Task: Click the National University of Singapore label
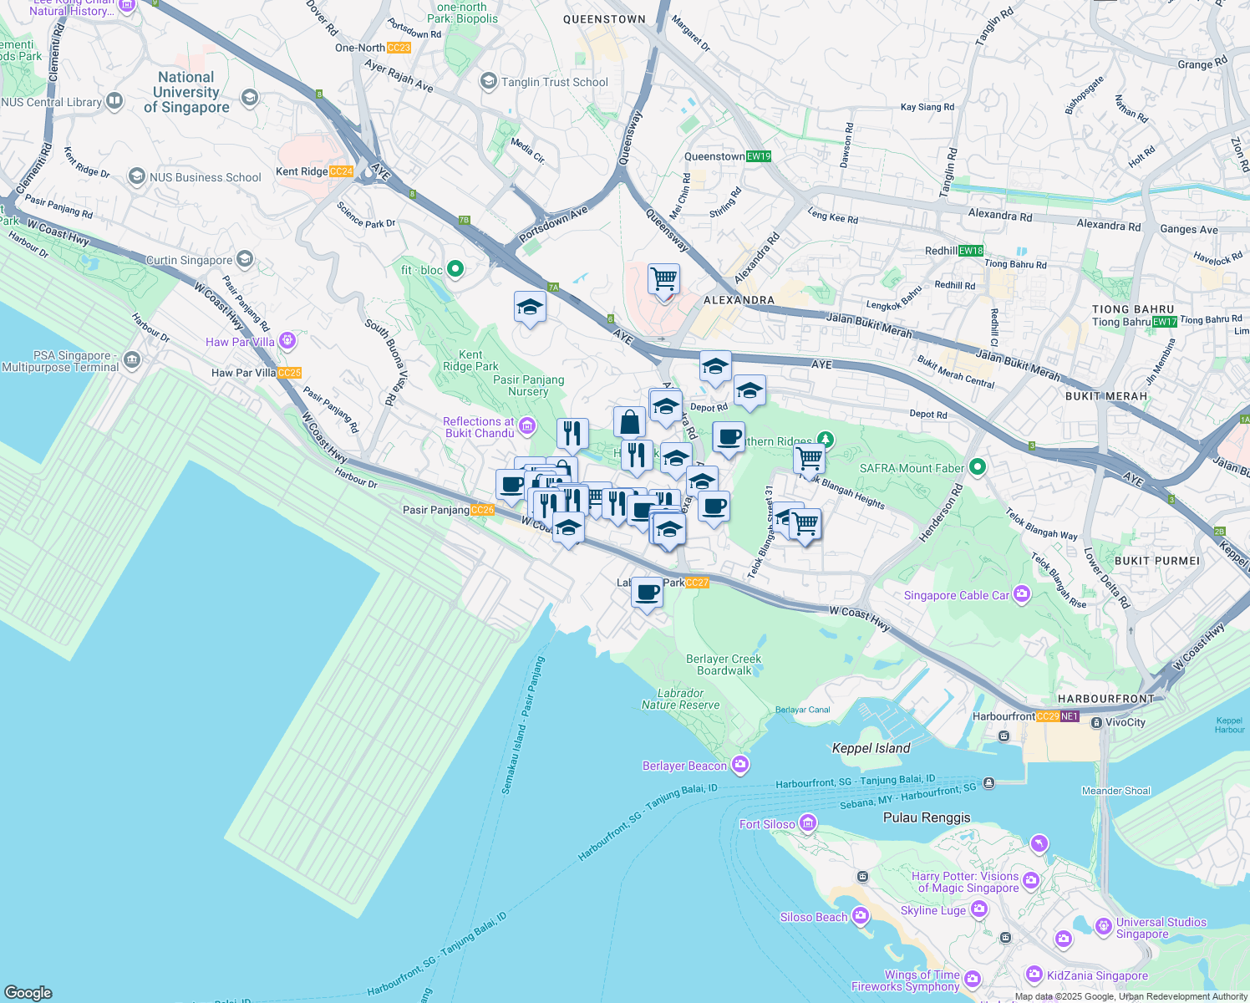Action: pyautogui.click(x=186, y=92)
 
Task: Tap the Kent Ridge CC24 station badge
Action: pyautogui.click(x=341, y=171)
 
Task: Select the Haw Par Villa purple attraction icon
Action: pyautogui.click(x=288, y=341)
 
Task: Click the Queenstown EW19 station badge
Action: pyautogui.click(x=759, y=156)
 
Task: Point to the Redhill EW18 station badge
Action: pyautogui.click(x=971, y=251)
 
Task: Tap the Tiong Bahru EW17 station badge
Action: pyautogui.click(x=1164, y=322)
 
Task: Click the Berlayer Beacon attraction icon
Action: pyautogui.click(x=739, y=765)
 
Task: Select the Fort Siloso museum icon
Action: pyautogui.click(x=807, y=824)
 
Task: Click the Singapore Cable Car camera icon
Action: pyautogui.click(x=1021, y=594)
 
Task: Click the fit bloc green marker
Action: pyautogui.click(x=455, y=269)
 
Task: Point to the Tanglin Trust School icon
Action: pyautogui.click(x=488, y=81)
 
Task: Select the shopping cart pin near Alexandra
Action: pyautogui.click(x=663, y=278)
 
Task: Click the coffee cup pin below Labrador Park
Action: pyautogui.click(x=647, y=593)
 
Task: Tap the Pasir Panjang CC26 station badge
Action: pyautogui.click(x=482, y=510)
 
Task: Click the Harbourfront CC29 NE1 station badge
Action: pyautogui.click(x=1057, y=716)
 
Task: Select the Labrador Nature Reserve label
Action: pyautogui.click(x=680, y=699)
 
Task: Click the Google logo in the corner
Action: pyautogui.click(x=28, y=992)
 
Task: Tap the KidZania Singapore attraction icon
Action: pyautogui.click(x=1034, y=975)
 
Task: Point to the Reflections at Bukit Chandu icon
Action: pyautogui.click(x=526, y=426)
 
